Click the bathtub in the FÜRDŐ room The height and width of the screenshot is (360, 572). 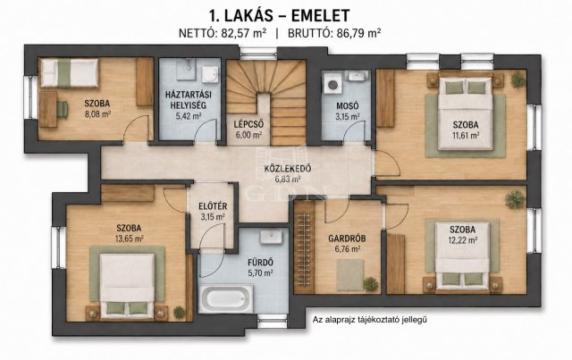pyautogui.click(x=226, y=298)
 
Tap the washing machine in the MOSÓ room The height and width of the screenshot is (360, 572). pyautogui.click(x=332, y=85)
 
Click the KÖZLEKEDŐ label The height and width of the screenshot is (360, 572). pyautogui.click(x=288, y=169)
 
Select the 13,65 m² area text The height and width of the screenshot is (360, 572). pyautogui.click(x=130, y=239)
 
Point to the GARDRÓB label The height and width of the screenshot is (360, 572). pyautogui.click(x=347, y=239)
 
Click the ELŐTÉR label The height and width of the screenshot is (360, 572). pyautogui.click(x=213, y=206)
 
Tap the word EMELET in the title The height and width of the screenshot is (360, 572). pyautogui.click(x=315, y=16)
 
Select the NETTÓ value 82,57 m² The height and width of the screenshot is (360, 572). pyautogui.click(x=243, y=33)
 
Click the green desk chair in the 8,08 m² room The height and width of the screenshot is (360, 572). pyautogui.click(x=62, y=109)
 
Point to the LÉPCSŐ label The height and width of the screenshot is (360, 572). pyautogui.click(x=248, y=124)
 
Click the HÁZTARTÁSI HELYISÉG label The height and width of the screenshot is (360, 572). pyautogui.click(x=189, y=100)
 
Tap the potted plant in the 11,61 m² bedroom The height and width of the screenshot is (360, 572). pyautogui.click(x=517, y=80)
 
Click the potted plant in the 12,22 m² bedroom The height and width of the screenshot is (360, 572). pyautogui.click(x=515, y=199)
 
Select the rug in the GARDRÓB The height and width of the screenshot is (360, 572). pyautogui.click(x=350, y=274)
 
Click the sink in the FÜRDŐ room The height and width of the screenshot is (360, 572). pyautogui.click(x=272, y=237)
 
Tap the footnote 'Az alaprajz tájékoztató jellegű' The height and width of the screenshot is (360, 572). pyautogui.click(x=369, y=320)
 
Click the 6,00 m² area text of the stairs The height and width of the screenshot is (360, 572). pyautogui.click(x=248, y=135)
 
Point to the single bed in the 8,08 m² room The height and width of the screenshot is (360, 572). pyautogui.click(x=70, y=73)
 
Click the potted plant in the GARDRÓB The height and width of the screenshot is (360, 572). pyautogui.click(x=370, y=284)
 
